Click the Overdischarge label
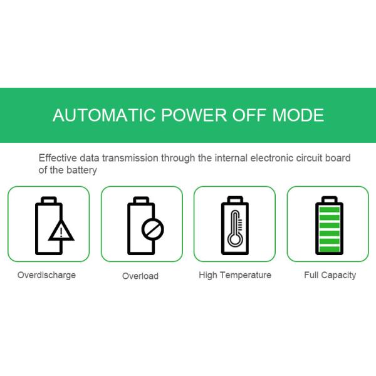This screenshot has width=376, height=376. pyautogui.click(x=47, y=275)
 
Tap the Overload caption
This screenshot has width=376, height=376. pyautogui.click(x=140, y=276)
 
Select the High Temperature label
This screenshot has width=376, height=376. pyautogui.click(x=235, y=275)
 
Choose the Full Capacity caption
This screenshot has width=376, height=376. pyautogui.click(x=330, y=275)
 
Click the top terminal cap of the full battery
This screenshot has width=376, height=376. pyautogui.click(x=330, y=196)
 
